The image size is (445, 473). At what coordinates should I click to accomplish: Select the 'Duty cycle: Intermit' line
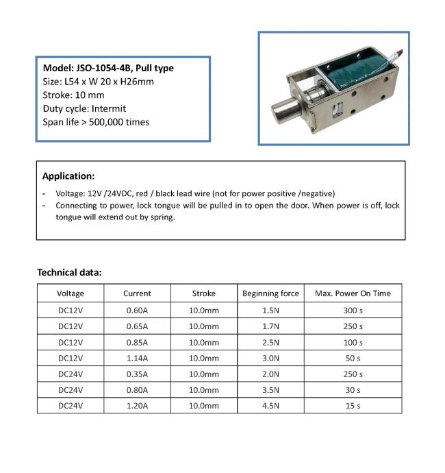84,108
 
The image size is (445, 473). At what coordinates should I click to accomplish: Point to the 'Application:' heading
68,175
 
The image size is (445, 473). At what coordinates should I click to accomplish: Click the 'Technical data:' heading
69,272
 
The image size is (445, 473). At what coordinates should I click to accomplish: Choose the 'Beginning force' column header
270,293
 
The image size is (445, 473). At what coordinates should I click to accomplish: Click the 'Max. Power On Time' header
353,293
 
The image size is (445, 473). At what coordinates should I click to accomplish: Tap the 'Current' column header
137,293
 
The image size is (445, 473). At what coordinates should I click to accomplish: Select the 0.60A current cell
137,310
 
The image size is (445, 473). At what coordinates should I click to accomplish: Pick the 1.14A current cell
137,358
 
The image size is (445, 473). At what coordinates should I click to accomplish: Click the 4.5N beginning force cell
270,406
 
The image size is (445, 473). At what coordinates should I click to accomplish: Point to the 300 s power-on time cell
353,310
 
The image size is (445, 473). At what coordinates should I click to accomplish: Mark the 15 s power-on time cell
353,406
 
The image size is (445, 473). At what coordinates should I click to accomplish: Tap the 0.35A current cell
137,374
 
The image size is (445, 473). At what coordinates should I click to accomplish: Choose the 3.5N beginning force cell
270,390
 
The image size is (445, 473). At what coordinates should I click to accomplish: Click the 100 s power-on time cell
353,342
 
